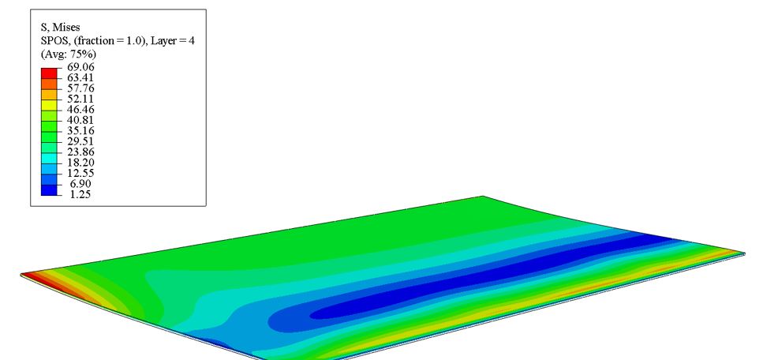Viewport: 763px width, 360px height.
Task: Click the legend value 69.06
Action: pyautogui.click(x=80, y=67)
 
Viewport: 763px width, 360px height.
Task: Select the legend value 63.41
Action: pyautogui.click(x=80, y=77)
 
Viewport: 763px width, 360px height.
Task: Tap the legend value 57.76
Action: pyautogui.click(x=80, y=88)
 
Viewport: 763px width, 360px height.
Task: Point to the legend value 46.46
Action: pyautogui.click(x=80, y=109)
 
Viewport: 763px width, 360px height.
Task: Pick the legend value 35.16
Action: pyautogui.click(x=80, y=130)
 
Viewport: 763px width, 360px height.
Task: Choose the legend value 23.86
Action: pyautogui.click(x=80, y=152)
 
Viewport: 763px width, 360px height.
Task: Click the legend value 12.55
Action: pyautogui.click(x=80, y=173)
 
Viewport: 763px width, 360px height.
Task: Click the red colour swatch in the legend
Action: pyautogui.click(x=49, y=73)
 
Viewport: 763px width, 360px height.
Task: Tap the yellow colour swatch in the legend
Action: pyautogui.click(x=49, y=105)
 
